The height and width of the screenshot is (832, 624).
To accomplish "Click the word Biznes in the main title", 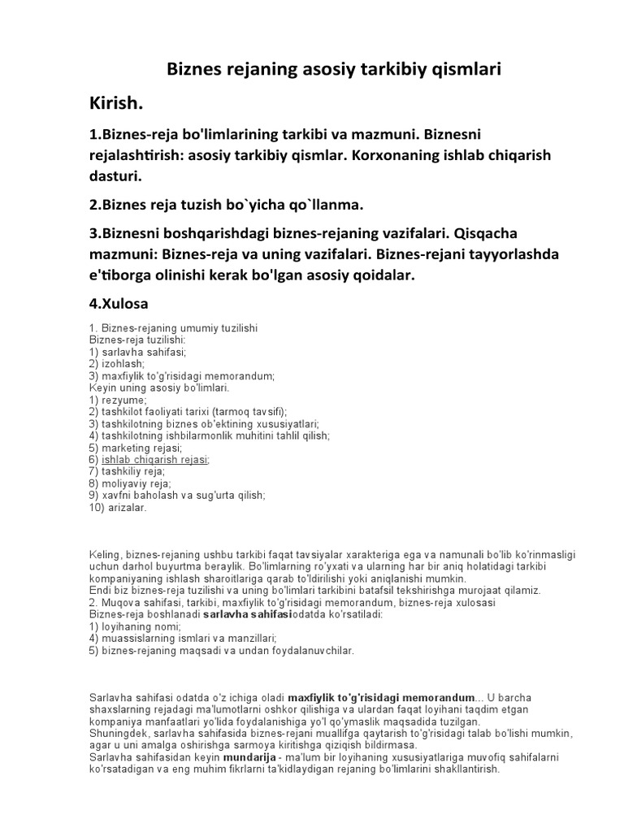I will pos(196,70).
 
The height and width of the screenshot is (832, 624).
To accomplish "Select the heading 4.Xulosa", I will pos(119,306).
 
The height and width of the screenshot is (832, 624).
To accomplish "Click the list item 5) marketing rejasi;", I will pos(136,448).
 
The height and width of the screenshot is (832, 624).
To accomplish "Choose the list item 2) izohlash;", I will pos(117,365).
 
